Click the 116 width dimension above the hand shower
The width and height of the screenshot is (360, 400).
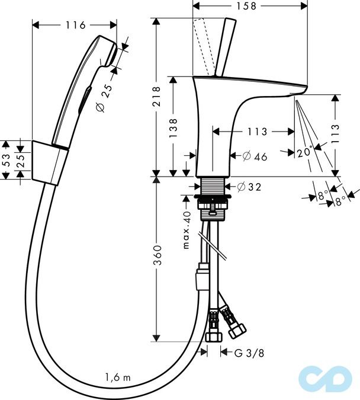(74, 25)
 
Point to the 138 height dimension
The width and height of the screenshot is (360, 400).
(173, 127)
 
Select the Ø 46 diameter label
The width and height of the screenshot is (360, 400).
(255, 156)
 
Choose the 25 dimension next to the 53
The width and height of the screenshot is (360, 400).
(21, 159)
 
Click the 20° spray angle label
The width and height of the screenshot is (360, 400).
(304, 152)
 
